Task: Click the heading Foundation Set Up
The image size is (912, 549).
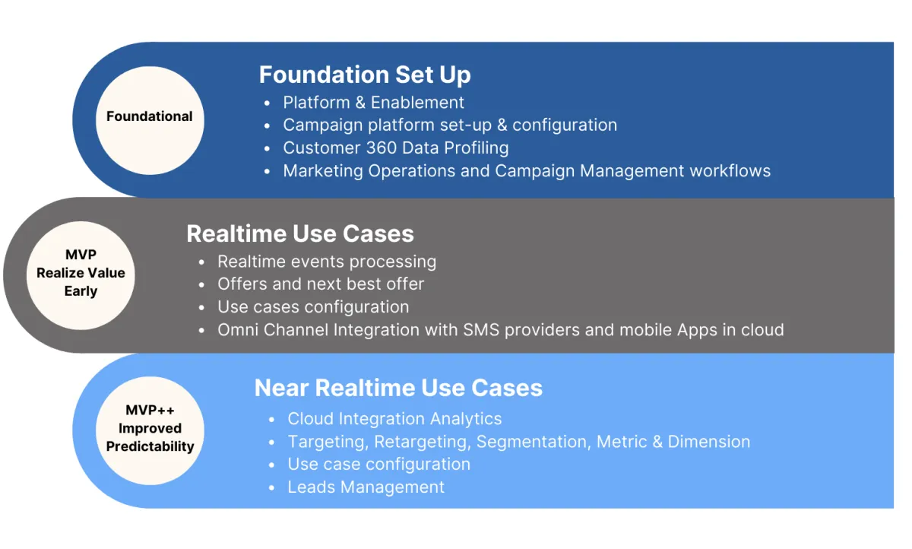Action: coord(365,75)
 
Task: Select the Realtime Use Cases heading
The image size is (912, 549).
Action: coord(300,233)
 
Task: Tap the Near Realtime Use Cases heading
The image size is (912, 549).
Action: coord(398,387)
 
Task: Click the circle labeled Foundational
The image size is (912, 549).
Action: coord(150,121)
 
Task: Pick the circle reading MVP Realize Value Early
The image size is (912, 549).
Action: coord(81,275)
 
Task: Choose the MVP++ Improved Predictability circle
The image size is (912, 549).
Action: coord(150,430)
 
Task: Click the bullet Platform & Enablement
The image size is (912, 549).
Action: coord(373,103)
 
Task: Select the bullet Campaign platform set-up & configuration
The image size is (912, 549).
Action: coord(450,125)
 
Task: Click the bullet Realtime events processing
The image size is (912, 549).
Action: coord(327,262)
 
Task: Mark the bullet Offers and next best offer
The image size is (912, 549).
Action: coord(321,284)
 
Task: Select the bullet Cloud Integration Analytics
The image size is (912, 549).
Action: coord(394,419)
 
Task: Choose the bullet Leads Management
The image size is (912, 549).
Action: coord(366,487)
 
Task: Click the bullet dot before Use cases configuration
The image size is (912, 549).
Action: coord(201,308)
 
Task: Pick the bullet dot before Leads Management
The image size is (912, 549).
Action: coord(271,488)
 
